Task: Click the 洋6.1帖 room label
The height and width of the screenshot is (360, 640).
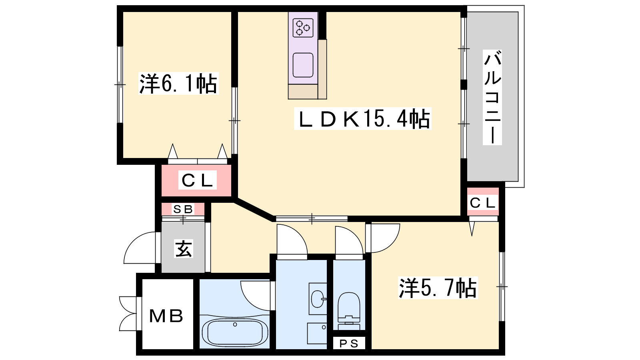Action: point(178,84)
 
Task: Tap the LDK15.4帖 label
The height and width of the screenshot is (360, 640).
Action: point(363,119)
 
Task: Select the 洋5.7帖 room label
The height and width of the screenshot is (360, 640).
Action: point(438,288)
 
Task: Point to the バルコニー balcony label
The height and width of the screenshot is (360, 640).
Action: point(492,97)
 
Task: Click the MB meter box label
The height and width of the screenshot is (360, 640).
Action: point(166,316)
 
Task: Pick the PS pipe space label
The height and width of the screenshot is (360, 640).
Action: point(349,344)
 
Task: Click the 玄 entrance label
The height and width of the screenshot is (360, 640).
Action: point(184,248)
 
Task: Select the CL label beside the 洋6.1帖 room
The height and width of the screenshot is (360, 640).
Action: point(198,180)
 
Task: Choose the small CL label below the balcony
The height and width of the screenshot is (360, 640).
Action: point(482,203)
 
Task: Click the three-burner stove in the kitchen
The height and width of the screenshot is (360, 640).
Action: point(303,28)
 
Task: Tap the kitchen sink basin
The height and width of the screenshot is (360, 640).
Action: point(303,65)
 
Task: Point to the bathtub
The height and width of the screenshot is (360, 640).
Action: point(234,332)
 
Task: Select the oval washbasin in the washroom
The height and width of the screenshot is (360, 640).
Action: point(317,299)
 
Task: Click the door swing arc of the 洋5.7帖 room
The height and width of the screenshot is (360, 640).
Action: point(392,244)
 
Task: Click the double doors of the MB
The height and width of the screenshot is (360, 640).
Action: point(128,314)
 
